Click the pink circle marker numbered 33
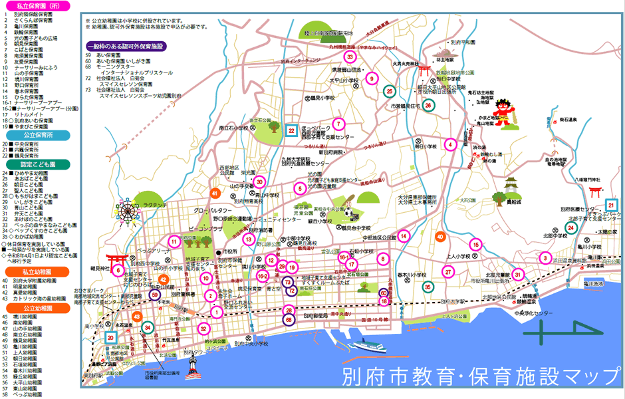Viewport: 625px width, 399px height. tap(350, 57)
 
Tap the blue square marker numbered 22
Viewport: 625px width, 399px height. tap(291, 131)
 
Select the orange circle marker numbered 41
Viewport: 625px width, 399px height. tap(215, 193)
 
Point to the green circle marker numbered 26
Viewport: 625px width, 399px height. tap(429, 105)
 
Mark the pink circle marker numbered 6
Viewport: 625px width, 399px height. tap(118, 270)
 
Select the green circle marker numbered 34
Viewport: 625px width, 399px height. tap(148, 327)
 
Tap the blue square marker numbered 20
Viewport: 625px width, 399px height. tap(110, 337)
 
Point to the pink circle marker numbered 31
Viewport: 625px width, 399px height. tap(518, 275)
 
